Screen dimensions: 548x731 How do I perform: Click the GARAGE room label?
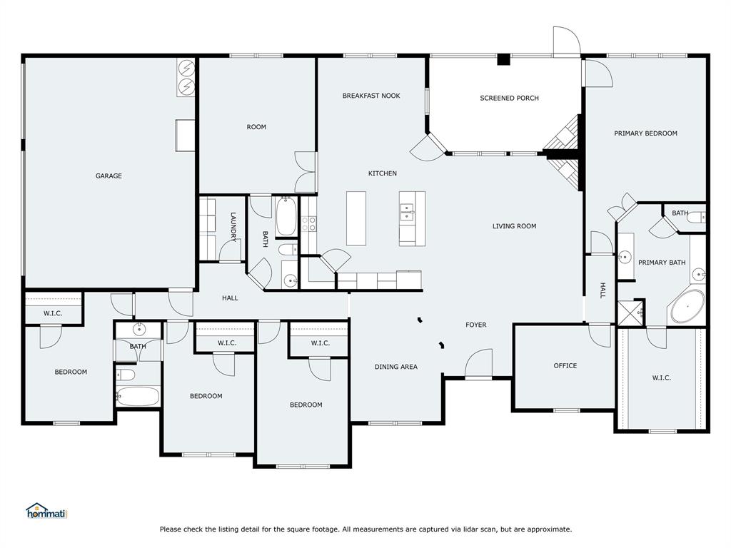point(109,176)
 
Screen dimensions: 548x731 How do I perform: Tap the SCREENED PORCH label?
point(509,98)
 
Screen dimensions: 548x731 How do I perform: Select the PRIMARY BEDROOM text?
point(645,133)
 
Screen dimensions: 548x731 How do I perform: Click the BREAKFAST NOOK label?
point(370,96)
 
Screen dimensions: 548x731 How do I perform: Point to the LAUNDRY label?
point(233,226)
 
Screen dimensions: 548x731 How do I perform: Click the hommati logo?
point(46,511)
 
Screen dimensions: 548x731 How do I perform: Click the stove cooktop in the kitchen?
point(308,225)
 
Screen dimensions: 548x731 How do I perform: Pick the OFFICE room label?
point(565,365)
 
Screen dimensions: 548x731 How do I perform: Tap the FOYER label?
point(475,325)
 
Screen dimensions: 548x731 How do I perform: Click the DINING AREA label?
point(395,367)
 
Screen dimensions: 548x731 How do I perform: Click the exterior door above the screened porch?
point(566,41)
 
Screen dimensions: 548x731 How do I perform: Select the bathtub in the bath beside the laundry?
point(285,217)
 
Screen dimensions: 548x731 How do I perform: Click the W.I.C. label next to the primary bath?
point(661,377)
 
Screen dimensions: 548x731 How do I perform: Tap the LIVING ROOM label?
point(514,226)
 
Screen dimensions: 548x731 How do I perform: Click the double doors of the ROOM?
point(306,172)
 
